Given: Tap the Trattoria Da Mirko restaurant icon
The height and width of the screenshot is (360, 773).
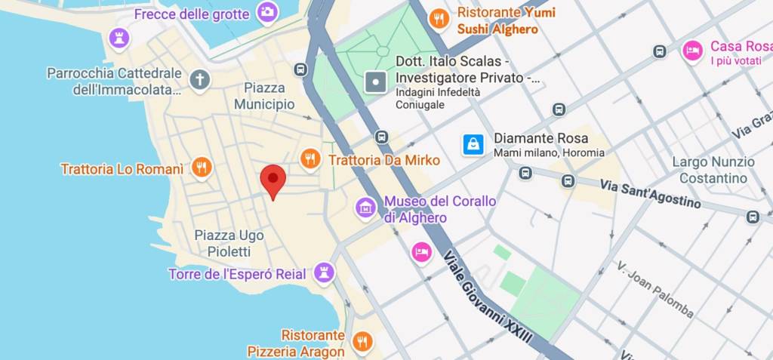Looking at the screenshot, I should tap(310, 159).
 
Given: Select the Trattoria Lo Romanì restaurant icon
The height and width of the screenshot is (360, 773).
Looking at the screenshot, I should tap(201, 168).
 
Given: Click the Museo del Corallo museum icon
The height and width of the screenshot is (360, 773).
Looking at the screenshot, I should tap(365, 208).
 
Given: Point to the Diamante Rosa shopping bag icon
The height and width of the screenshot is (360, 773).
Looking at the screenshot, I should tap(473, 144).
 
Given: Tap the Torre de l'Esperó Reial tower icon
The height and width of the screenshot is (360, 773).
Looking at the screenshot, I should tap(325, 272).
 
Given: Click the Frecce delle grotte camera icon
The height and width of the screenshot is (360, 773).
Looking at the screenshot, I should tap(266, 12).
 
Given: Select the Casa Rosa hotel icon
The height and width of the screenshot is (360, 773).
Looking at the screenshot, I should tap(691, 51).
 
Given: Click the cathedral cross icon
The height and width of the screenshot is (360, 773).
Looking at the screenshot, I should tap(200, 80).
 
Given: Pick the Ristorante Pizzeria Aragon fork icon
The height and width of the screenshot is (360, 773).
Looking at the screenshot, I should tap(362, 342).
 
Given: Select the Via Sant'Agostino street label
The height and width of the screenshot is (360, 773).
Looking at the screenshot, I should tap(650, 194).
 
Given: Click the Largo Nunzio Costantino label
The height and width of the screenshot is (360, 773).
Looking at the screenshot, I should tap(713, 170).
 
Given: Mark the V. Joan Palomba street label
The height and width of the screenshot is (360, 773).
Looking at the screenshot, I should tap(654, 289).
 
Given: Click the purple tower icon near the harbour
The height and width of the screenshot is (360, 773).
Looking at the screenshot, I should tap(119, 37).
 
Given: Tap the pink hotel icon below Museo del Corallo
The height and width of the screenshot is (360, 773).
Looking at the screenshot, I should tap(421, 251).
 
